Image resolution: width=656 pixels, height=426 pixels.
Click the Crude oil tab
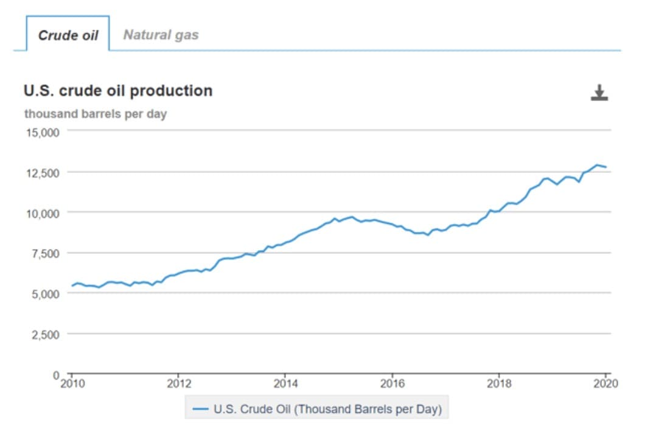[68, 35]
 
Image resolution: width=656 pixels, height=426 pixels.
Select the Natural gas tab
[161, 35]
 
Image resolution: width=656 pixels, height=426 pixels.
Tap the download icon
[599, 93]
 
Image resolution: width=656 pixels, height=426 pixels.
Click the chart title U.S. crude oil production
[118, 91]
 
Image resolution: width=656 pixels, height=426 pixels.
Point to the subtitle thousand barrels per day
[96, 114]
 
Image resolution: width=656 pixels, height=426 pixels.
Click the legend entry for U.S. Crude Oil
[316, 410]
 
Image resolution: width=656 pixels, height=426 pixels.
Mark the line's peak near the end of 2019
[597, 165]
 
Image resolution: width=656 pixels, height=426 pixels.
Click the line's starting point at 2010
[72, 285]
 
